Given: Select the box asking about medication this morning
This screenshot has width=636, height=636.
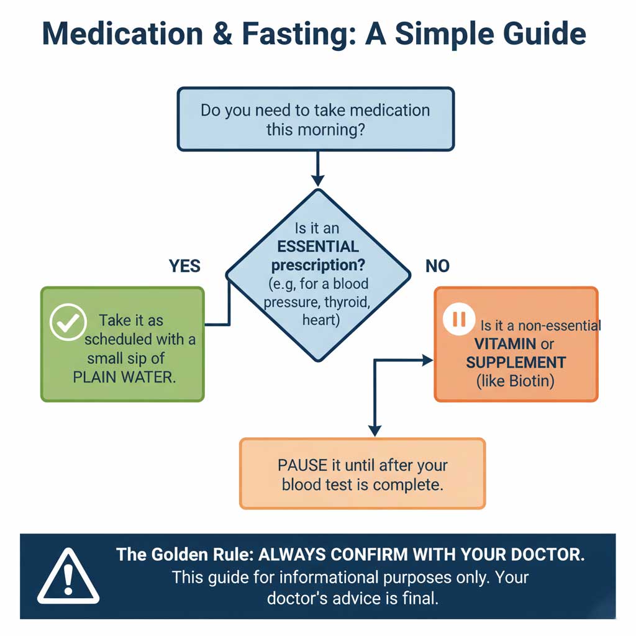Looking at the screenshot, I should point(316,119).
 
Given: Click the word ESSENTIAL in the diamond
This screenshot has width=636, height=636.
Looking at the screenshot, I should point(318,246).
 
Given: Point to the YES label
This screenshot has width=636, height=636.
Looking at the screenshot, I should point(184,266).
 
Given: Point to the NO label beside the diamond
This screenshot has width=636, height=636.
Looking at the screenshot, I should point(437,266).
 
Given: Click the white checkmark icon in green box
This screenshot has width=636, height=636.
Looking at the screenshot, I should point(67,322).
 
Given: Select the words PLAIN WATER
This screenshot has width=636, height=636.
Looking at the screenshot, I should point(124,377).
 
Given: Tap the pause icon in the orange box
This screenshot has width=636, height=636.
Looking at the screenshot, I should point(459,319).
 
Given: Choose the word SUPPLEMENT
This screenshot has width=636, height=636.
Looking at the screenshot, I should point(516,362).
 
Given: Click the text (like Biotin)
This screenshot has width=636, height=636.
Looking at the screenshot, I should point(515,380).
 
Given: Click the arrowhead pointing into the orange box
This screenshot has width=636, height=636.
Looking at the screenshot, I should point(427,360).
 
